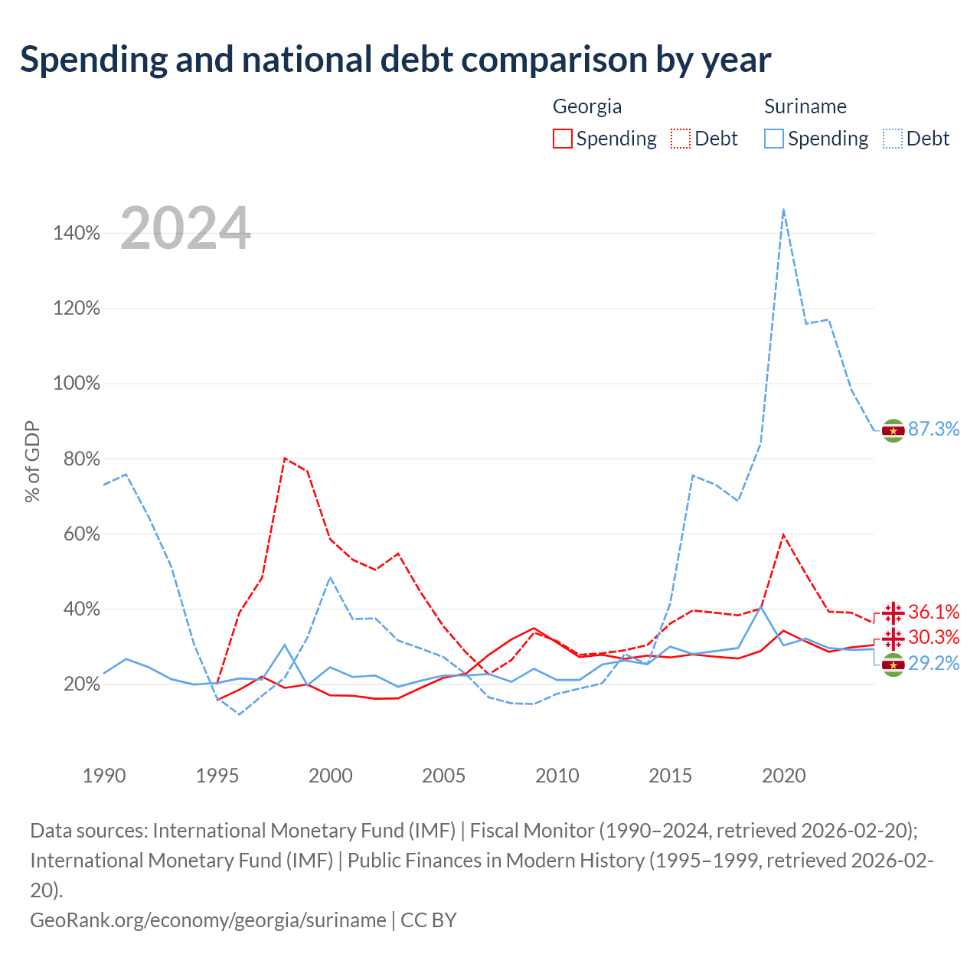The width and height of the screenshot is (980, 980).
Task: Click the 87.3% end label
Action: [933, 429]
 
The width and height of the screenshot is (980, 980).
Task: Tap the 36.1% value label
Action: [933, 611]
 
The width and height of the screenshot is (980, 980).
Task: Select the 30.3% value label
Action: [933, 637]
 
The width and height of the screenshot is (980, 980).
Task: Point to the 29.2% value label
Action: [933, 663]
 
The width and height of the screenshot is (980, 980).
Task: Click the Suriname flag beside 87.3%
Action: [893, 431]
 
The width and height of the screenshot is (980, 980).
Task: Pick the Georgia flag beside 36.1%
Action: [893, 612]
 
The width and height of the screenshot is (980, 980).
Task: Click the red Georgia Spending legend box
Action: [563, 139]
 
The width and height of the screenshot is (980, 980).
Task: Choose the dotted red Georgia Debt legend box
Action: [681, 139]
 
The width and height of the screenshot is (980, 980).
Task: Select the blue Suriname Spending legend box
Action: [773, 139]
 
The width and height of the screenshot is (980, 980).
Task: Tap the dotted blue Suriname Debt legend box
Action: [892, 139]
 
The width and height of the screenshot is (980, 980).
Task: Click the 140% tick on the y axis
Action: [77, 233]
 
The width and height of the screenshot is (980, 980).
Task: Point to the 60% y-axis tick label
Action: [81, 534]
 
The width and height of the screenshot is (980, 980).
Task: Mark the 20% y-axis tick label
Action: [81, 684]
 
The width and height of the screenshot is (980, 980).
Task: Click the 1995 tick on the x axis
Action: [217, 776]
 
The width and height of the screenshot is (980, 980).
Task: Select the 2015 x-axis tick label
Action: [670, 776]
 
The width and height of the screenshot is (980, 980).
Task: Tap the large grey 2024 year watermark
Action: [185, 228]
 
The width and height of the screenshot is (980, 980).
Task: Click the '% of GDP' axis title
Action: [32, 461]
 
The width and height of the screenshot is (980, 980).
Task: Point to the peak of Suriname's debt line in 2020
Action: [783, 210]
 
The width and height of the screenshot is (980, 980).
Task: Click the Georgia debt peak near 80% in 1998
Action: [286, 458]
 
